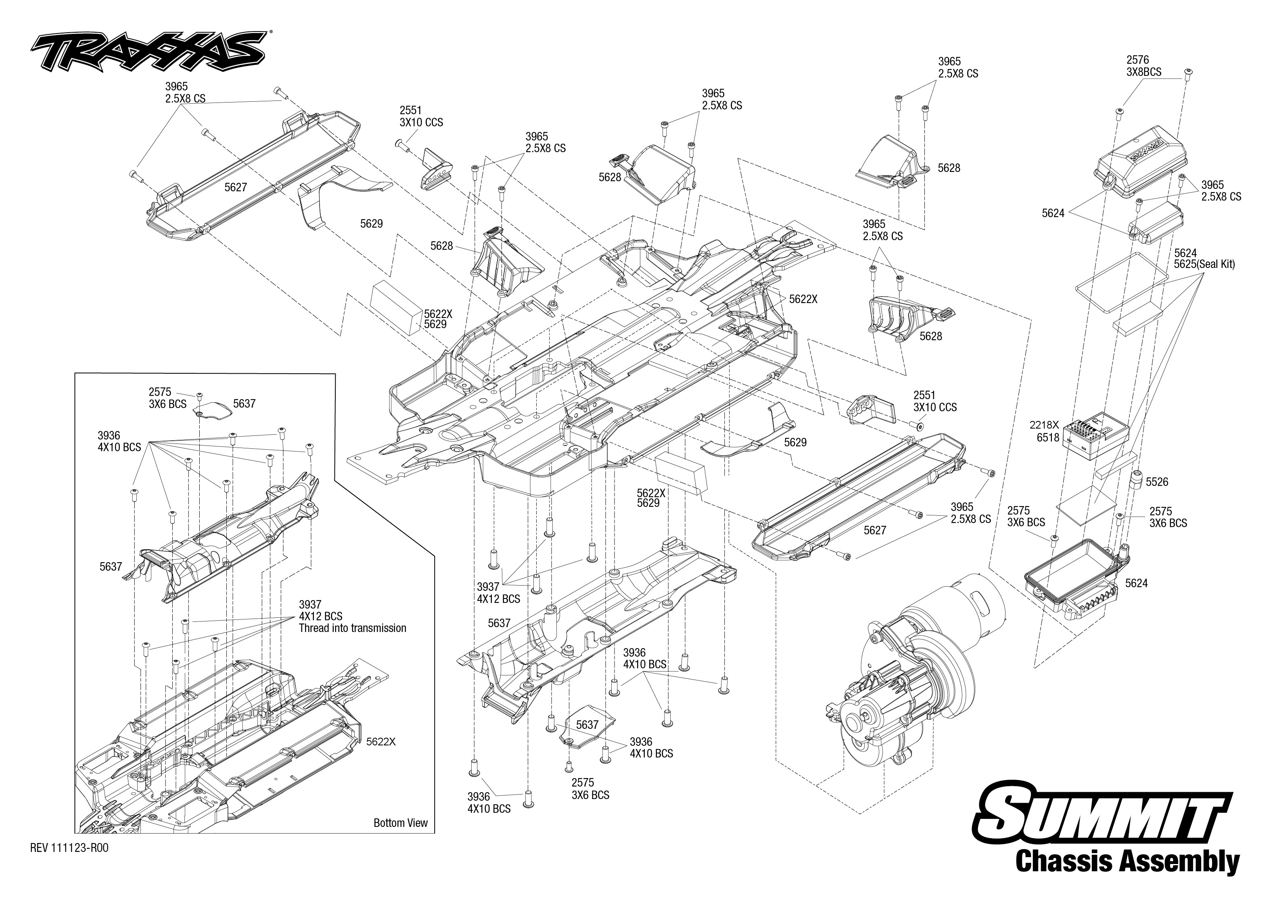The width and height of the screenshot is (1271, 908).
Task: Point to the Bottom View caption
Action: [x=400, y=822]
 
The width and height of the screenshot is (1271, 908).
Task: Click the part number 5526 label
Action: [x=1157, y=481]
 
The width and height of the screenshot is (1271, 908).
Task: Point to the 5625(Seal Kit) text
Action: [x=1204, y=264]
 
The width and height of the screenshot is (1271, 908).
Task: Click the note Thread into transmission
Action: [x=352, y=628]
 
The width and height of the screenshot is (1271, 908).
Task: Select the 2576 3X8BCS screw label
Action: [x=1143, y=65]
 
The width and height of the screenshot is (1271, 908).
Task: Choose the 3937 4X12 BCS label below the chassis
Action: [x=498, y=593]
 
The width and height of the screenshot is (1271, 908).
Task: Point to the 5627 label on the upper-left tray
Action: [x=235, y=187]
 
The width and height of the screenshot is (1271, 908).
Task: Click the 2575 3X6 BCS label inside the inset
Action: [x=167, y=398]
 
